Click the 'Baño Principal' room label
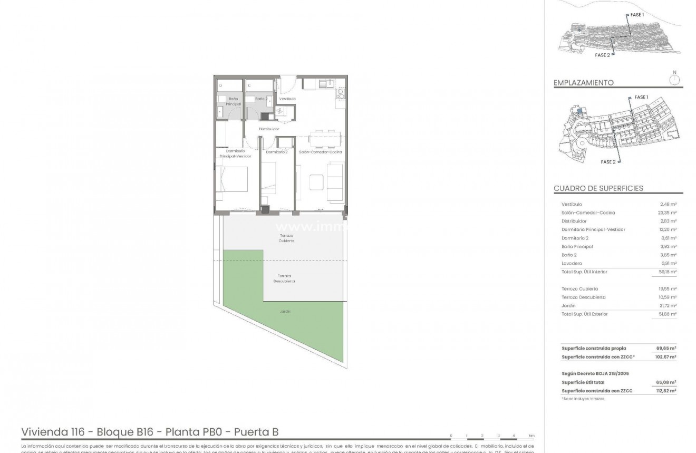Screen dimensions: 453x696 click(x=233, y=102)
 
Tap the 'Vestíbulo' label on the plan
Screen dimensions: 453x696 click(x=287, y=99)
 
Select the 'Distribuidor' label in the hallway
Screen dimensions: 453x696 click(x=268, y=129)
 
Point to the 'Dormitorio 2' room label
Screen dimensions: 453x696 click(x=276, y=152)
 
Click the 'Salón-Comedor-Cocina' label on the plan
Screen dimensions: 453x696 click(x=321, y=152)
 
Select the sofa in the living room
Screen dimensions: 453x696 click(x=335, y=181)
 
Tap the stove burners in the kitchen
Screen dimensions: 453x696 click(x=341, y=94)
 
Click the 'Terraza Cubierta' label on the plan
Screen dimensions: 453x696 click(x=287, y=238)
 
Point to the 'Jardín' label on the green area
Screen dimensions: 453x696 click(x=285, y=311)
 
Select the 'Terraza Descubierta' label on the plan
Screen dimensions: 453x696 click(x=284, y=278)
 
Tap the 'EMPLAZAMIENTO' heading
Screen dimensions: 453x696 click(x=584, y=83)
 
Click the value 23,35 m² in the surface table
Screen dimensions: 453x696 click(x=668, y=213)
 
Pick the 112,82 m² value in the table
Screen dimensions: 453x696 click(x=666, y=391)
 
